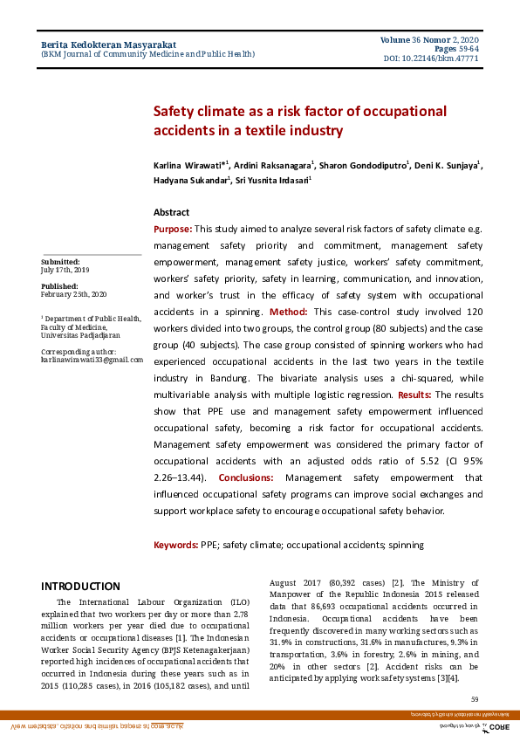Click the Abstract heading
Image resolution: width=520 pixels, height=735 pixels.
coord(171,212)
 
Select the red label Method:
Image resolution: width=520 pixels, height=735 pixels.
coord(288,312)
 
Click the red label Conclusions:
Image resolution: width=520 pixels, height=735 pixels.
coord(245,477)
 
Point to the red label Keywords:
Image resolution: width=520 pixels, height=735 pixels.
coord(175,545)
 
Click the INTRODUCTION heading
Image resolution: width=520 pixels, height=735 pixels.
coord(80,586)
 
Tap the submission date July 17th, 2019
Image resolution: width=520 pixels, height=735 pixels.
coord(65,270)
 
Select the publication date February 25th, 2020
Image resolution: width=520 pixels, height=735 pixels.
coord(73,294)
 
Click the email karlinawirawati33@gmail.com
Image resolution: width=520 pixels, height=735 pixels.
coord(92,360)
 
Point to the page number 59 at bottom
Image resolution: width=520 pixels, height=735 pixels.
coord(475,699)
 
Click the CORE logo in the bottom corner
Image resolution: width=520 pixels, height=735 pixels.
coord(498,726)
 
